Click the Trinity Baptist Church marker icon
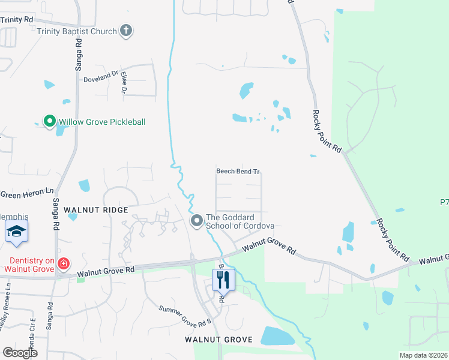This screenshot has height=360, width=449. [125, 31]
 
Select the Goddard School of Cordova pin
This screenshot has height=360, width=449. [196, 221]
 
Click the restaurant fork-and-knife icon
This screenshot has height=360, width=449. [222, 278]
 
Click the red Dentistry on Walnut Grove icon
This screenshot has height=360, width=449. [63, 263]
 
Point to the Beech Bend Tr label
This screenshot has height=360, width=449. [238, 172]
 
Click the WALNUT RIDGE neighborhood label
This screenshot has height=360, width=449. [95, 210]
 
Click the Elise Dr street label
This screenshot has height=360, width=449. [124, 82]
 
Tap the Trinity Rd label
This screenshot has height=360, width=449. [17, 20]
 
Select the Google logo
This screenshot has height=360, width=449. [20, 352]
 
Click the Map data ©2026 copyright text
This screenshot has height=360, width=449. [423, 355]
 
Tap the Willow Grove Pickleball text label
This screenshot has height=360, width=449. [101, 122]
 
